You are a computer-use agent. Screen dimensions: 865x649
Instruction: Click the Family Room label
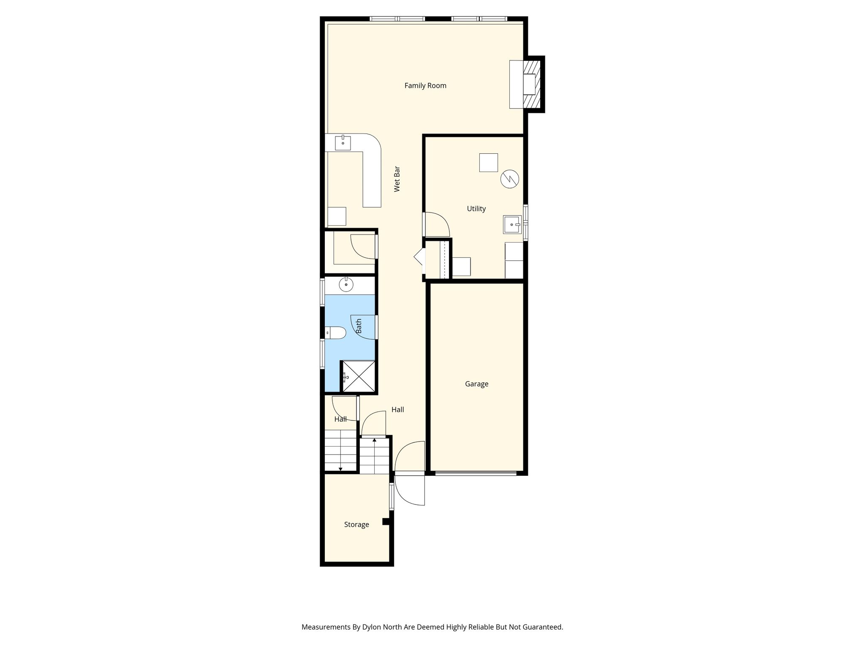click(x=425, y=86)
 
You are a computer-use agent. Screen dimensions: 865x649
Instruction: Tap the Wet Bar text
click(x=397, y=179)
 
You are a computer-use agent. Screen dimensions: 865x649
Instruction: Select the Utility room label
click(x=476, y=209)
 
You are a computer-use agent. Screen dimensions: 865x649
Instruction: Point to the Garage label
click(x=476, y=384)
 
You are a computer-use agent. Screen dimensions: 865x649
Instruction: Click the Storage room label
click(x=356, y=525)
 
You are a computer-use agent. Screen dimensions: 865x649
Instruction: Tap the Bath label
click(x=359, y=326)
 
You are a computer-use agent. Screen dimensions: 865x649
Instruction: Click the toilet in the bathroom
click(x=335, y=333)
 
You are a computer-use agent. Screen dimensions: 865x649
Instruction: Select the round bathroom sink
click(x=346, y=285)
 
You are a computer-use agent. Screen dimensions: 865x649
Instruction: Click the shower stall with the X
click(x=358, y=376)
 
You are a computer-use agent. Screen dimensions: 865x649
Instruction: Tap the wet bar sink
click(x=343, y=143)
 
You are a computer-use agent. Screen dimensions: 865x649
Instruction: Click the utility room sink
click(x=512, y=224)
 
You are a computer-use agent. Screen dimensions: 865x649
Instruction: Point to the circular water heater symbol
click(x=509, y=179)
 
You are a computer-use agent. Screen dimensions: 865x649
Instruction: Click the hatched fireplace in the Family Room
click(x=532, y=85)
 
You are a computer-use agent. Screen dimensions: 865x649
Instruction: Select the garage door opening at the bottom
click(x=476, y=473)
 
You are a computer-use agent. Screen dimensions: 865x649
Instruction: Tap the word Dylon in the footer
click(x=372, y=627)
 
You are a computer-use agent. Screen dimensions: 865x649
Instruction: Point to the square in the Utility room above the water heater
click(x=489, y=163)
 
